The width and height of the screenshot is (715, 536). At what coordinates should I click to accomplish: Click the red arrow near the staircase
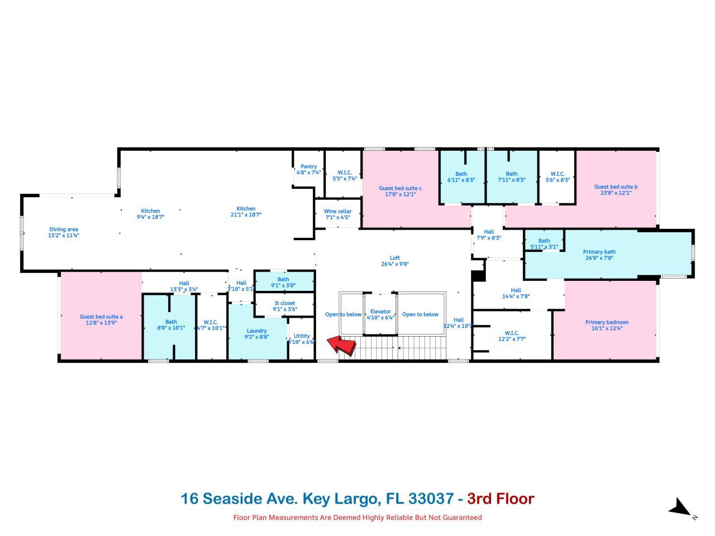(x=341, y=344)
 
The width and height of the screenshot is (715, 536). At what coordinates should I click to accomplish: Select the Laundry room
(x=257, y=334)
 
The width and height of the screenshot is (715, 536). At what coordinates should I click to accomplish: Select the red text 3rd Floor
(x=500, y=498)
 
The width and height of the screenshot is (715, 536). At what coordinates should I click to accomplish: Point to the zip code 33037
(x=431, y=498)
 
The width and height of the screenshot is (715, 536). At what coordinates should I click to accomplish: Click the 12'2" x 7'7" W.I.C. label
(x=512, y=336)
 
